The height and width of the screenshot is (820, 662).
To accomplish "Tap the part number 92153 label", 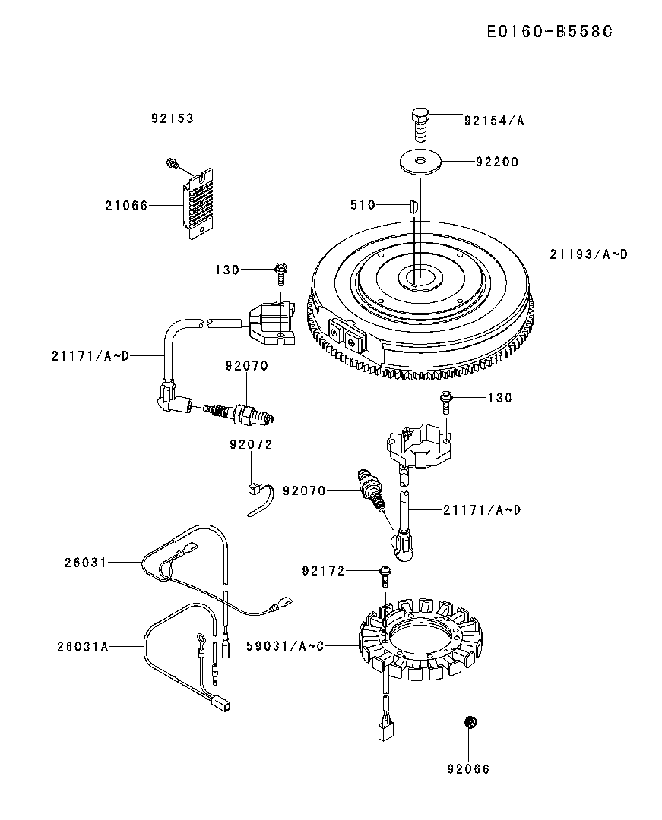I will (x=172, y=118).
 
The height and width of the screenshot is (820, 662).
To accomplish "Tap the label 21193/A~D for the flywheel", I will (x=589, y=254).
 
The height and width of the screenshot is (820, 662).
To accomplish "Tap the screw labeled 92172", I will (x=385, y=574).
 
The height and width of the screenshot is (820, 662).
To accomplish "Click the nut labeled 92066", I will (x=470, y=721).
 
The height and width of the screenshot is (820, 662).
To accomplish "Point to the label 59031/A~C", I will (x=286, y=646).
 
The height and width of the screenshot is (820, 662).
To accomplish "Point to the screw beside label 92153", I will (x=173, y=162).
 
